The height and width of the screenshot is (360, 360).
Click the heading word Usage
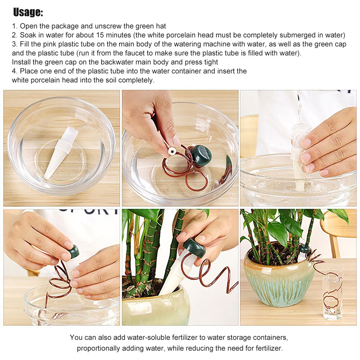click(28, 13)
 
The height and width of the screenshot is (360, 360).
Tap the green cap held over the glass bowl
click(201, 155)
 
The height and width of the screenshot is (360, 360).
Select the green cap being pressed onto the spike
click(73, 251)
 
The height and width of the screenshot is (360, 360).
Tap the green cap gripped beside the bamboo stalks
click(194, 247)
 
